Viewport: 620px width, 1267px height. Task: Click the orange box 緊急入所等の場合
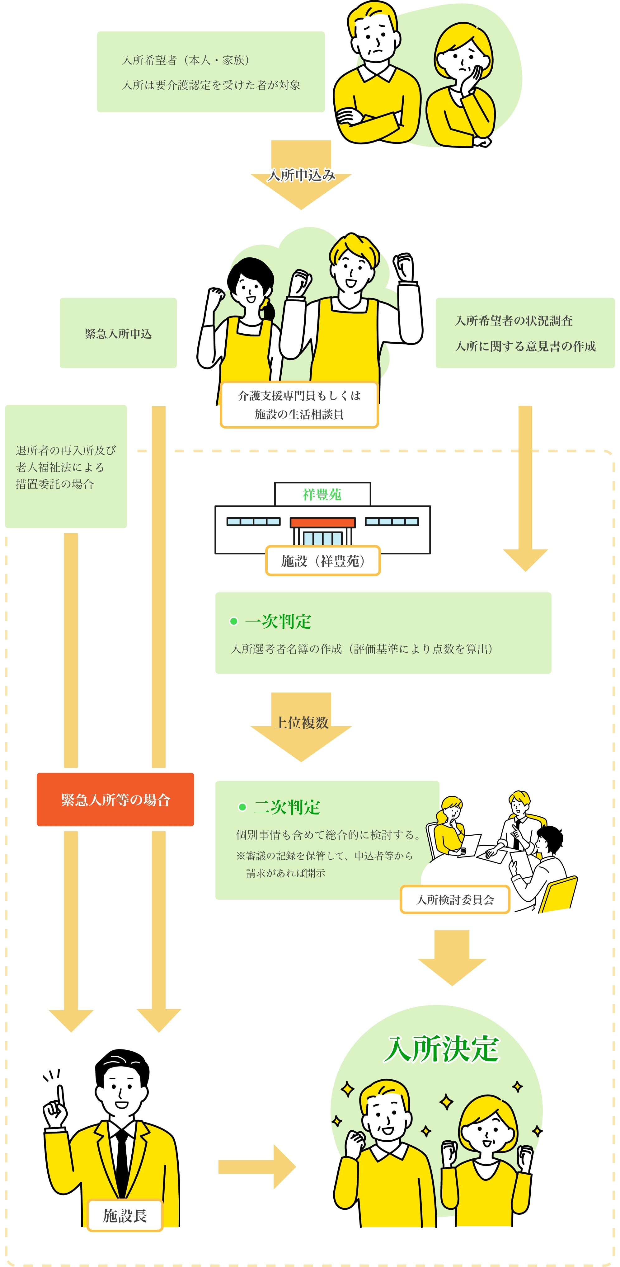[x=115, y=799]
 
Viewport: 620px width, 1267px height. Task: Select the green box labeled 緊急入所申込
[x=118, y=333]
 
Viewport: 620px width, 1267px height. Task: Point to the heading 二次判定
[x=287, y=807]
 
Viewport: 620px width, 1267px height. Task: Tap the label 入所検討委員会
[x=455, y=899]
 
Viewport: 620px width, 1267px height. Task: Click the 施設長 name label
[x=125, y=1215]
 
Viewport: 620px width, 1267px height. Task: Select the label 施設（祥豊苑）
[x=323, y=561]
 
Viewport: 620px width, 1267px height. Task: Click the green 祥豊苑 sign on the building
[x=322, y=494]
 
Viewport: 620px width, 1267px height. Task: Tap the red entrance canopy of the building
[x=322, y=522]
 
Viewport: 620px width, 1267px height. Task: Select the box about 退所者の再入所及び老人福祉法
[x=66, y=466]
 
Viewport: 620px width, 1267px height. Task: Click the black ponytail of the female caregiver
[x=268, y=310]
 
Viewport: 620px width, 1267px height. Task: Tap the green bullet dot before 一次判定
[x=234, y=622]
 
